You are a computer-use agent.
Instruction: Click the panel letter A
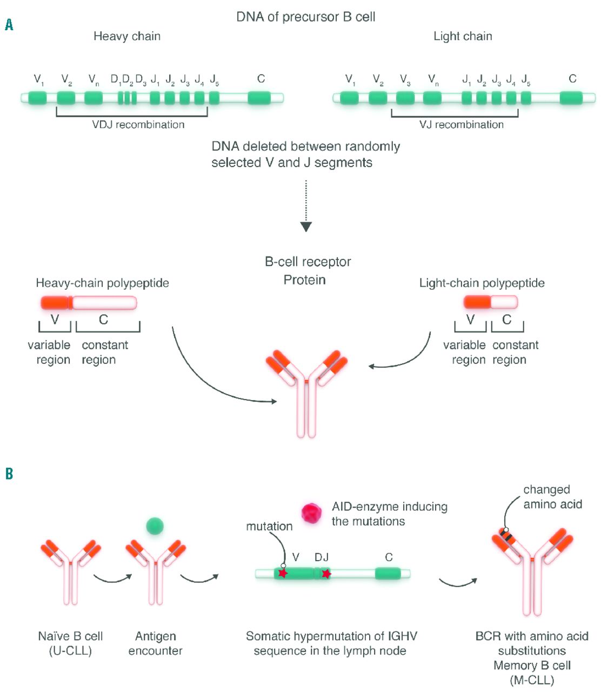[x=9, y=25]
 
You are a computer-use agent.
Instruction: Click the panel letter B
[x=9, y=474]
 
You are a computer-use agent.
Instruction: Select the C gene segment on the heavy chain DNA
[x=259, y=98]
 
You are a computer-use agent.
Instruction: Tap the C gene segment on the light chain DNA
[x=571, y=98]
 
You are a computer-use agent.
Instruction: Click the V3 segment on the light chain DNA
[x=405, y=98]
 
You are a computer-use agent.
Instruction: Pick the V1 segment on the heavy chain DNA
[x=37, y=98]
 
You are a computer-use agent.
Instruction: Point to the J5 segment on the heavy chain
[x=214, y=98]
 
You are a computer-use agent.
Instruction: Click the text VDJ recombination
[x=138, y=125]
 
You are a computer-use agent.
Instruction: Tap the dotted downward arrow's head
[x=306, y=227]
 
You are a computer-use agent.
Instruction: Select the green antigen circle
[x=155, y=525]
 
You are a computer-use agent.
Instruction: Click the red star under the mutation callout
[x=282, y=573]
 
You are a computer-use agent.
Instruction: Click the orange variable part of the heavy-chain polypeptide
[x=56, y=303]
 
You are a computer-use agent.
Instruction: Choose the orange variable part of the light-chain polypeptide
[x=477, y=302]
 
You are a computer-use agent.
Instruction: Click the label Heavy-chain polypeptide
[x=102, y=283]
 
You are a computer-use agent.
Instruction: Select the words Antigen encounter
[x=155, y=643]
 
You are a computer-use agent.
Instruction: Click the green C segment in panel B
[x=388, y=574]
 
